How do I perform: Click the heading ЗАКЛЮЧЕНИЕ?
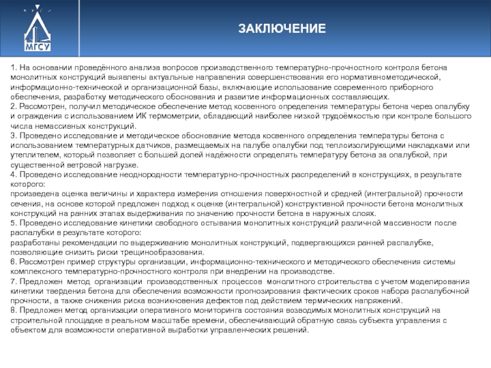pos(282,29)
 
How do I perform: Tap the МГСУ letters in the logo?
pos(37,46)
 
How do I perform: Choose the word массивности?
pos(379,223)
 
